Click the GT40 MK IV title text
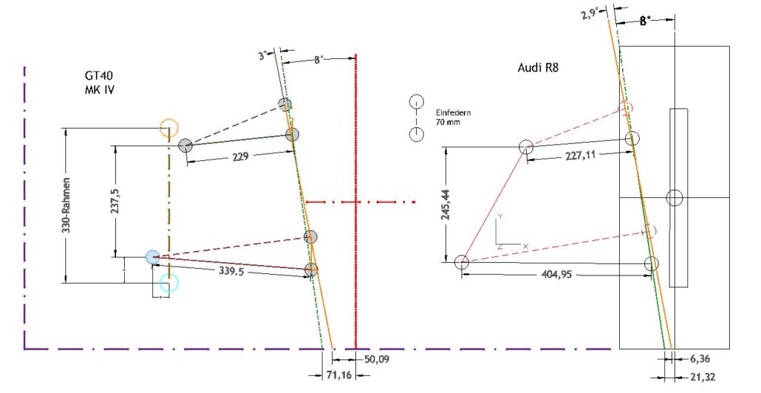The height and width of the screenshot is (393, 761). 99,82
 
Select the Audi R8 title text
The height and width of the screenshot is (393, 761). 538,67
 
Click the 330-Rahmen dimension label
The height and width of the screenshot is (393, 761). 68,204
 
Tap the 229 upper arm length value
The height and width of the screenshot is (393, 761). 240,156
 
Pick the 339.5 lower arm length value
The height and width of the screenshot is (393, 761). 231,270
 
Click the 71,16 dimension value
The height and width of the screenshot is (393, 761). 340,375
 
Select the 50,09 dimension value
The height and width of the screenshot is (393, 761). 376,360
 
